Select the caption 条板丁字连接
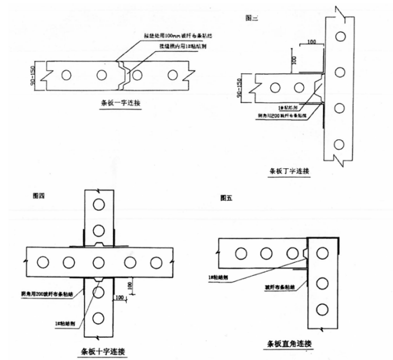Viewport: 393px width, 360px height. [x=290, y=172]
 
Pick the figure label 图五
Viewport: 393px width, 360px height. [x=226, y=199]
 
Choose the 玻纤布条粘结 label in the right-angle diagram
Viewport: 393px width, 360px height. [x=279, y=285]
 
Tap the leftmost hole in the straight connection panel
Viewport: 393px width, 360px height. [x=66, y=75]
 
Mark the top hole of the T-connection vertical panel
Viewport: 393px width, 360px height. [x=338, y=36]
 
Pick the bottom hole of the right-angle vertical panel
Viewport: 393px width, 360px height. [x=322, y=309]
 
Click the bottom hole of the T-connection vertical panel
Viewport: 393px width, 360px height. [x=338, y=144]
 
